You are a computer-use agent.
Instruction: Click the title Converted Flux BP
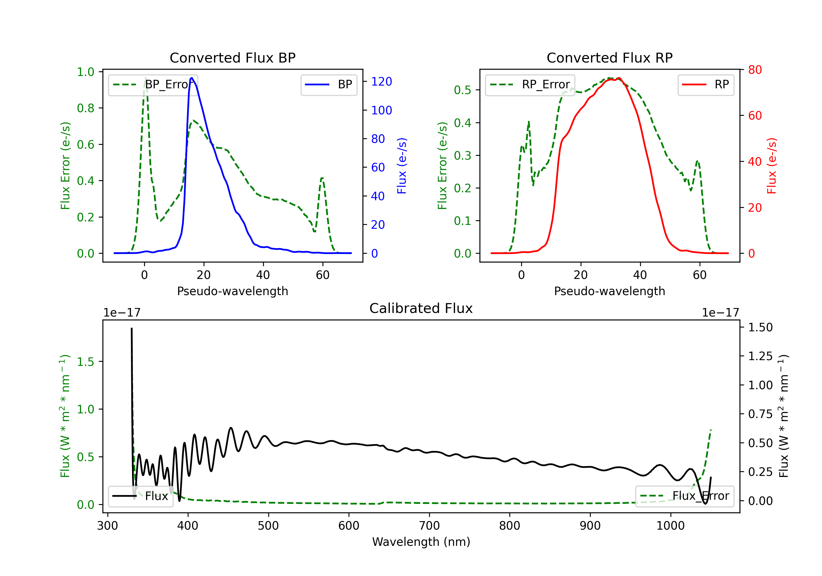pos(232,58)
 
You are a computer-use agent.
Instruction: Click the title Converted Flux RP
pos(609,58)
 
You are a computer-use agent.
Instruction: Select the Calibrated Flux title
pos(421,308)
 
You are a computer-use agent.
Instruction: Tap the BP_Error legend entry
pos(153,84)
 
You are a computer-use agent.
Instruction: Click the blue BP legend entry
pos(329,84)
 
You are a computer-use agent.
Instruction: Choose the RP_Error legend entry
pos(530,84)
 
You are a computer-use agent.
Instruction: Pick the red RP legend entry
pos(706,84)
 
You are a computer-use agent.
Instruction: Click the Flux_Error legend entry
pos(684,496)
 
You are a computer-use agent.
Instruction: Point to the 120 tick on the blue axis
pos(381,82)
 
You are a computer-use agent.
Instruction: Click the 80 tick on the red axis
pos(755,70)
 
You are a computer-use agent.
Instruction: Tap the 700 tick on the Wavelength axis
pos(429,526)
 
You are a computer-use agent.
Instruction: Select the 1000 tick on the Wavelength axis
pos(670,526)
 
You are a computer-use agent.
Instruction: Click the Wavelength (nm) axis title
pos(421,542)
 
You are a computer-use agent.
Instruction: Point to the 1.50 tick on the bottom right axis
pos(760,327)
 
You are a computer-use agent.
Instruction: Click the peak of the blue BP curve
pos(192,78)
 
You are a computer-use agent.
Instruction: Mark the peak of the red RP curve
pos(619,78)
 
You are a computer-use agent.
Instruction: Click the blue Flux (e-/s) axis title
pos(402,166)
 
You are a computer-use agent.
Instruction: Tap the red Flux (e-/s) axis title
pos(772,166)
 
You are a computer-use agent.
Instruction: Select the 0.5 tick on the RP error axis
pos(463,90)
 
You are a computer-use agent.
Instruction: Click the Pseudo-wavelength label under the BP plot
pos(233,291)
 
